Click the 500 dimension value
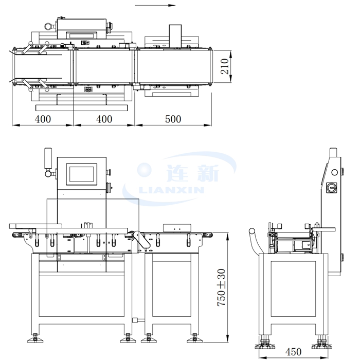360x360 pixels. pos(173,119)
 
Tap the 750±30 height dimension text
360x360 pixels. pos(222,288)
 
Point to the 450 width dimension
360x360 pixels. pos(293,352)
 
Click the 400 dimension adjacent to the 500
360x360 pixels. pos(104,119)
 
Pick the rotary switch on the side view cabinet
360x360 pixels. pos(332,188)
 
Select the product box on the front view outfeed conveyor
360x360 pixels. pos(176,227)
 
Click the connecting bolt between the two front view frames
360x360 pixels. pos(136,320)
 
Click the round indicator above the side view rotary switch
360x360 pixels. pos(332,172)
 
